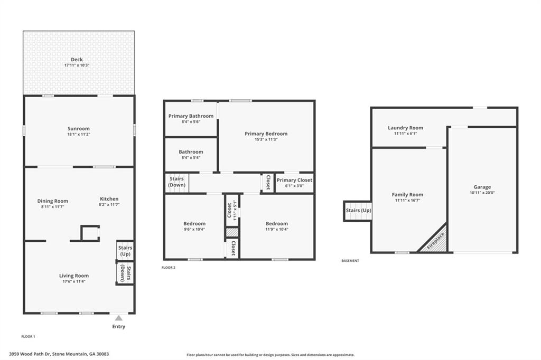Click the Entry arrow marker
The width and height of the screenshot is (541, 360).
click(119, 318)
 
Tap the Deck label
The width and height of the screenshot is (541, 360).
click(77, 60)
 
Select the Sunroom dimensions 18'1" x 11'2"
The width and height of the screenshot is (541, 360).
click(78, 135)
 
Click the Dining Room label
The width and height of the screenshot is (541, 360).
click(53, 201)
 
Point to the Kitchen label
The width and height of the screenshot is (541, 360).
click(109, 199)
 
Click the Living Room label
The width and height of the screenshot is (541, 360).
click(74, 276)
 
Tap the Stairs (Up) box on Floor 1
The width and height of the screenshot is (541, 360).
click(125, 251)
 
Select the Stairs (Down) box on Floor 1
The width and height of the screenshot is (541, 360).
click(125, 273)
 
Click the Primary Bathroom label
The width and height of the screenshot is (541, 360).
click(191, 116)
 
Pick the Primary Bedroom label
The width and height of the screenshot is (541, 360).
click(266, 134)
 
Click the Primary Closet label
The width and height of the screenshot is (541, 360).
click(294, 180)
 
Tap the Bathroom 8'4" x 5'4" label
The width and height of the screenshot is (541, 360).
click(191, 152)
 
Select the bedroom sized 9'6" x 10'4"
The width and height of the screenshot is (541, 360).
click(194, 224)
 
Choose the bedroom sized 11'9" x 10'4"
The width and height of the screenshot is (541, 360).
click(277, 224)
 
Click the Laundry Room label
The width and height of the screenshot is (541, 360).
click(405, 128)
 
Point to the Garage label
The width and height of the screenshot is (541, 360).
click(482, 187)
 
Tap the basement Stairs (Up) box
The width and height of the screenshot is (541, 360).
click(358, 211)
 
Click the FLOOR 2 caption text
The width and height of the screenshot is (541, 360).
click(169, 268)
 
